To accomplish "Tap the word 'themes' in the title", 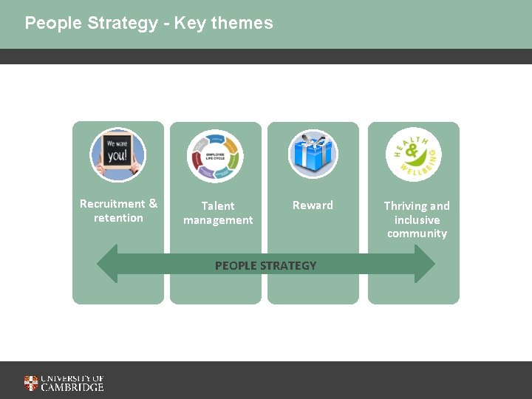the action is point(242,23).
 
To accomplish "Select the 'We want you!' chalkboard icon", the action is point(118,155).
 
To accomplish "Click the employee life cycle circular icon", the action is point(215,155).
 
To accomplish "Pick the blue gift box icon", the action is point(313,154).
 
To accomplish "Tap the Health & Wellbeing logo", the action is point(413,155).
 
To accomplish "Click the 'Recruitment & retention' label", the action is point(118,211).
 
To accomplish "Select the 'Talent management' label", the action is point(218,213).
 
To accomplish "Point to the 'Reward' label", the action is point(313,205).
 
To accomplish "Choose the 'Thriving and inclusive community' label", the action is point(417,219).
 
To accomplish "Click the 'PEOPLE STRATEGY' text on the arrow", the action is point(265,265).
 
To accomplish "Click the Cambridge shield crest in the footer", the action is point(31,383).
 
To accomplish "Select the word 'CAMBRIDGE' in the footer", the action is point(72,387).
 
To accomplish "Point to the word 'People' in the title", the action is point(52,23).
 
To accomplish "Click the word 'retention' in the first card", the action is point(118,218).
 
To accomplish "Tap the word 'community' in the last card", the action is point(417,233).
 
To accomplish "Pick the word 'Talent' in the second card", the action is point(218,206).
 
